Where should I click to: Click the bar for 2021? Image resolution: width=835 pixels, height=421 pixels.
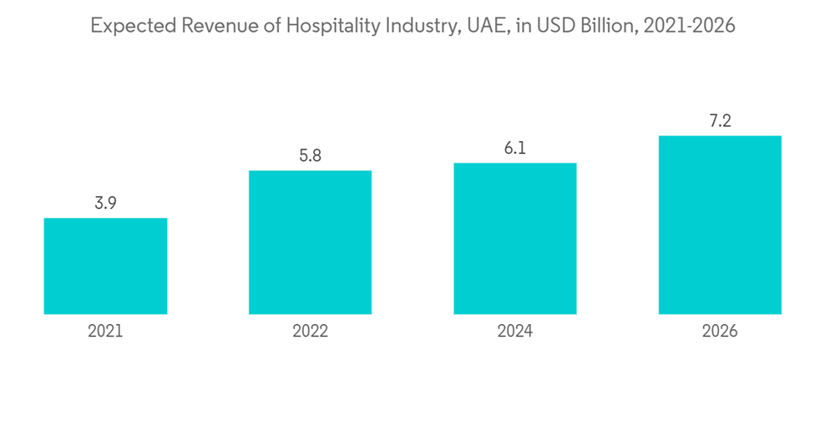coord(105,266)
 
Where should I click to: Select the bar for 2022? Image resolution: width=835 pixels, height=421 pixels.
coord(310,242)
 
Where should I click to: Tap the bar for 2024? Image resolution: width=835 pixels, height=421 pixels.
coord(514,238)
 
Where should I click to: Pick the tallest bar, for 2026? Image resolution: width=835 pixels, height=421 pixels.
coord(720,225)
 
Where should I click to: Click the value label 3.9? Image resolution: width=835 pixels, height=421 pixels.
coord(105,203)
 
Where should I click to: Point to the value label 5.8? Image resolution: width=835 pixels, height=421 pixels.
coord(310,156)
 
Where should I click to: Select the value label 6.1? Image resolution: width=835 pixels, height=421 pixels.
coord(515,148)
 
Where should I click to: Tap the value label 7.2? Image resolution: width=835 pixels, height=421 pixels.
coord(720,121)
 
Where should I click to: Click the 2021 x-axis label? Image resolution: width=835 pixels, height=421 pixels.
coord(105,332)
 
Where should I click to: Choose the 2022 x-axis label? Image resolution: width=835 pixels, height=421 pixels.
coord(310,332)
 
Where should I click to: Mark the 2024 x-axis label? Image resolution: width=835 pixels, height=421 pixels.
coord(515,332)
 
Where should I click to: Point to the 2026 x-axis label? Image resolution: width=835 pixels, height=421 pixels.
coord(720,332)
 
